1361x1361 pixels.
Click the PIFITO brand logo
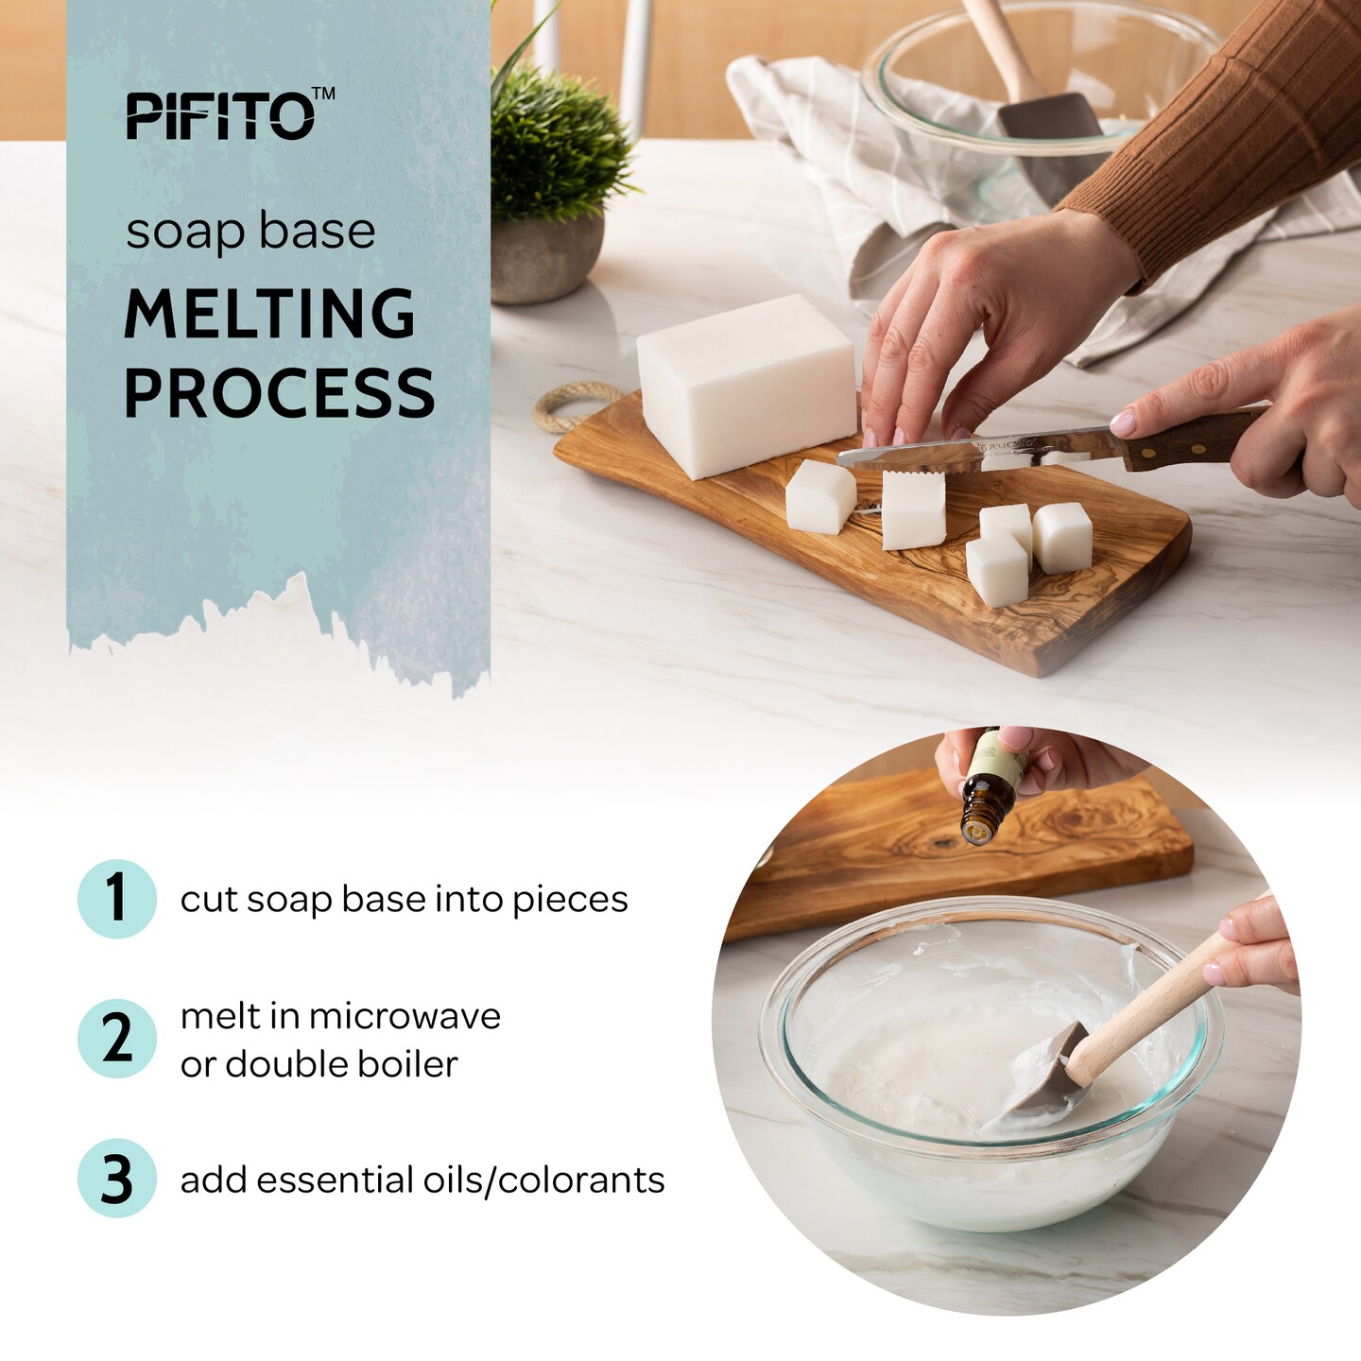(220, 116)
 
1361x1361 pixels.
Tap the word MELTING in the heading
(269, 314)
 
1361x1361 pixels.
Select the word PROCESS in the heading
(279, 393)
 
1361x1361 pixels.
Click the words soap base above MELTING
(250, 232)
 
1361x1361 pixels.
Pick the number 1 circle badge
(116, 898)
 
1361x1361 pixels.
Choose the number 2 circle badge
(116, 1038)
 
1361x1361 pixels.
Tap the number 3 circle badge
(116, 1179)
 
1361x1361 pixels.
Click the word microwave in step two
(405, 1016)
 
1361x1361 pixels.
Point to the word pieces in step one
(570, 900)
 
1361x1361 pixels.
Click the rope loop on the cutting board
(567, 406)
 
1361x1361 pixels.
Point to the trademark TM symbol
(323, 94)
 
